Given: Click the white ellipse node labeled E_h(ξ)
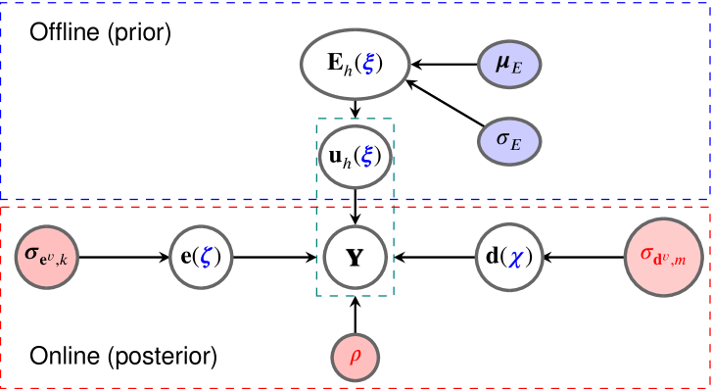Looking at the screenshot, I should [355, 64].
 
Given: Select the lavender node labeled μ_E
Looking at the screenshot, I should [509, 65].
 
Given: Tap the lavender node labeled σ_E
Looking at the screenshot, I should [509, 141].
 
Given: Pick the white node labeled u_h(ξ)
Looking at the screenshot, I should [355, 156].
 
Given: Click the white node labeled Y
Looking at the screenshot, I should [355, 258].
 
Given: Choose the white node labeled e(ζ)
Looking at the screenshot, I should [201, 258].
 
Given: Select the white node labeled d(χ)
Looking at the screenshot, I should [509, 258].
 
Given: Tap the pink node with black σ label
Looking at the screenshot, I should [47, 258].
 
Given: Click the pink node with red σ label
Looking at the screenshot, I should [664, 257].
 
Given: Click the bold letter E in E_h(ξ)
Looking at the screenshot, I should [335, 63].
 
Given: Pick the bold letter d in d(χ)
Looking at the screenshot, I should [492, 257].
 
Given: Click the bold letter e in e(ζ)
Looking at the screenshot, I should [186, 258].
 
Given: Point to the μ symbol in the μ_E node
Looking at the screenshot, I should [502, 64].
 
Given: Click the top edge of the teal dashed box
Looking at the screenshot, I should [355, 120].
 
